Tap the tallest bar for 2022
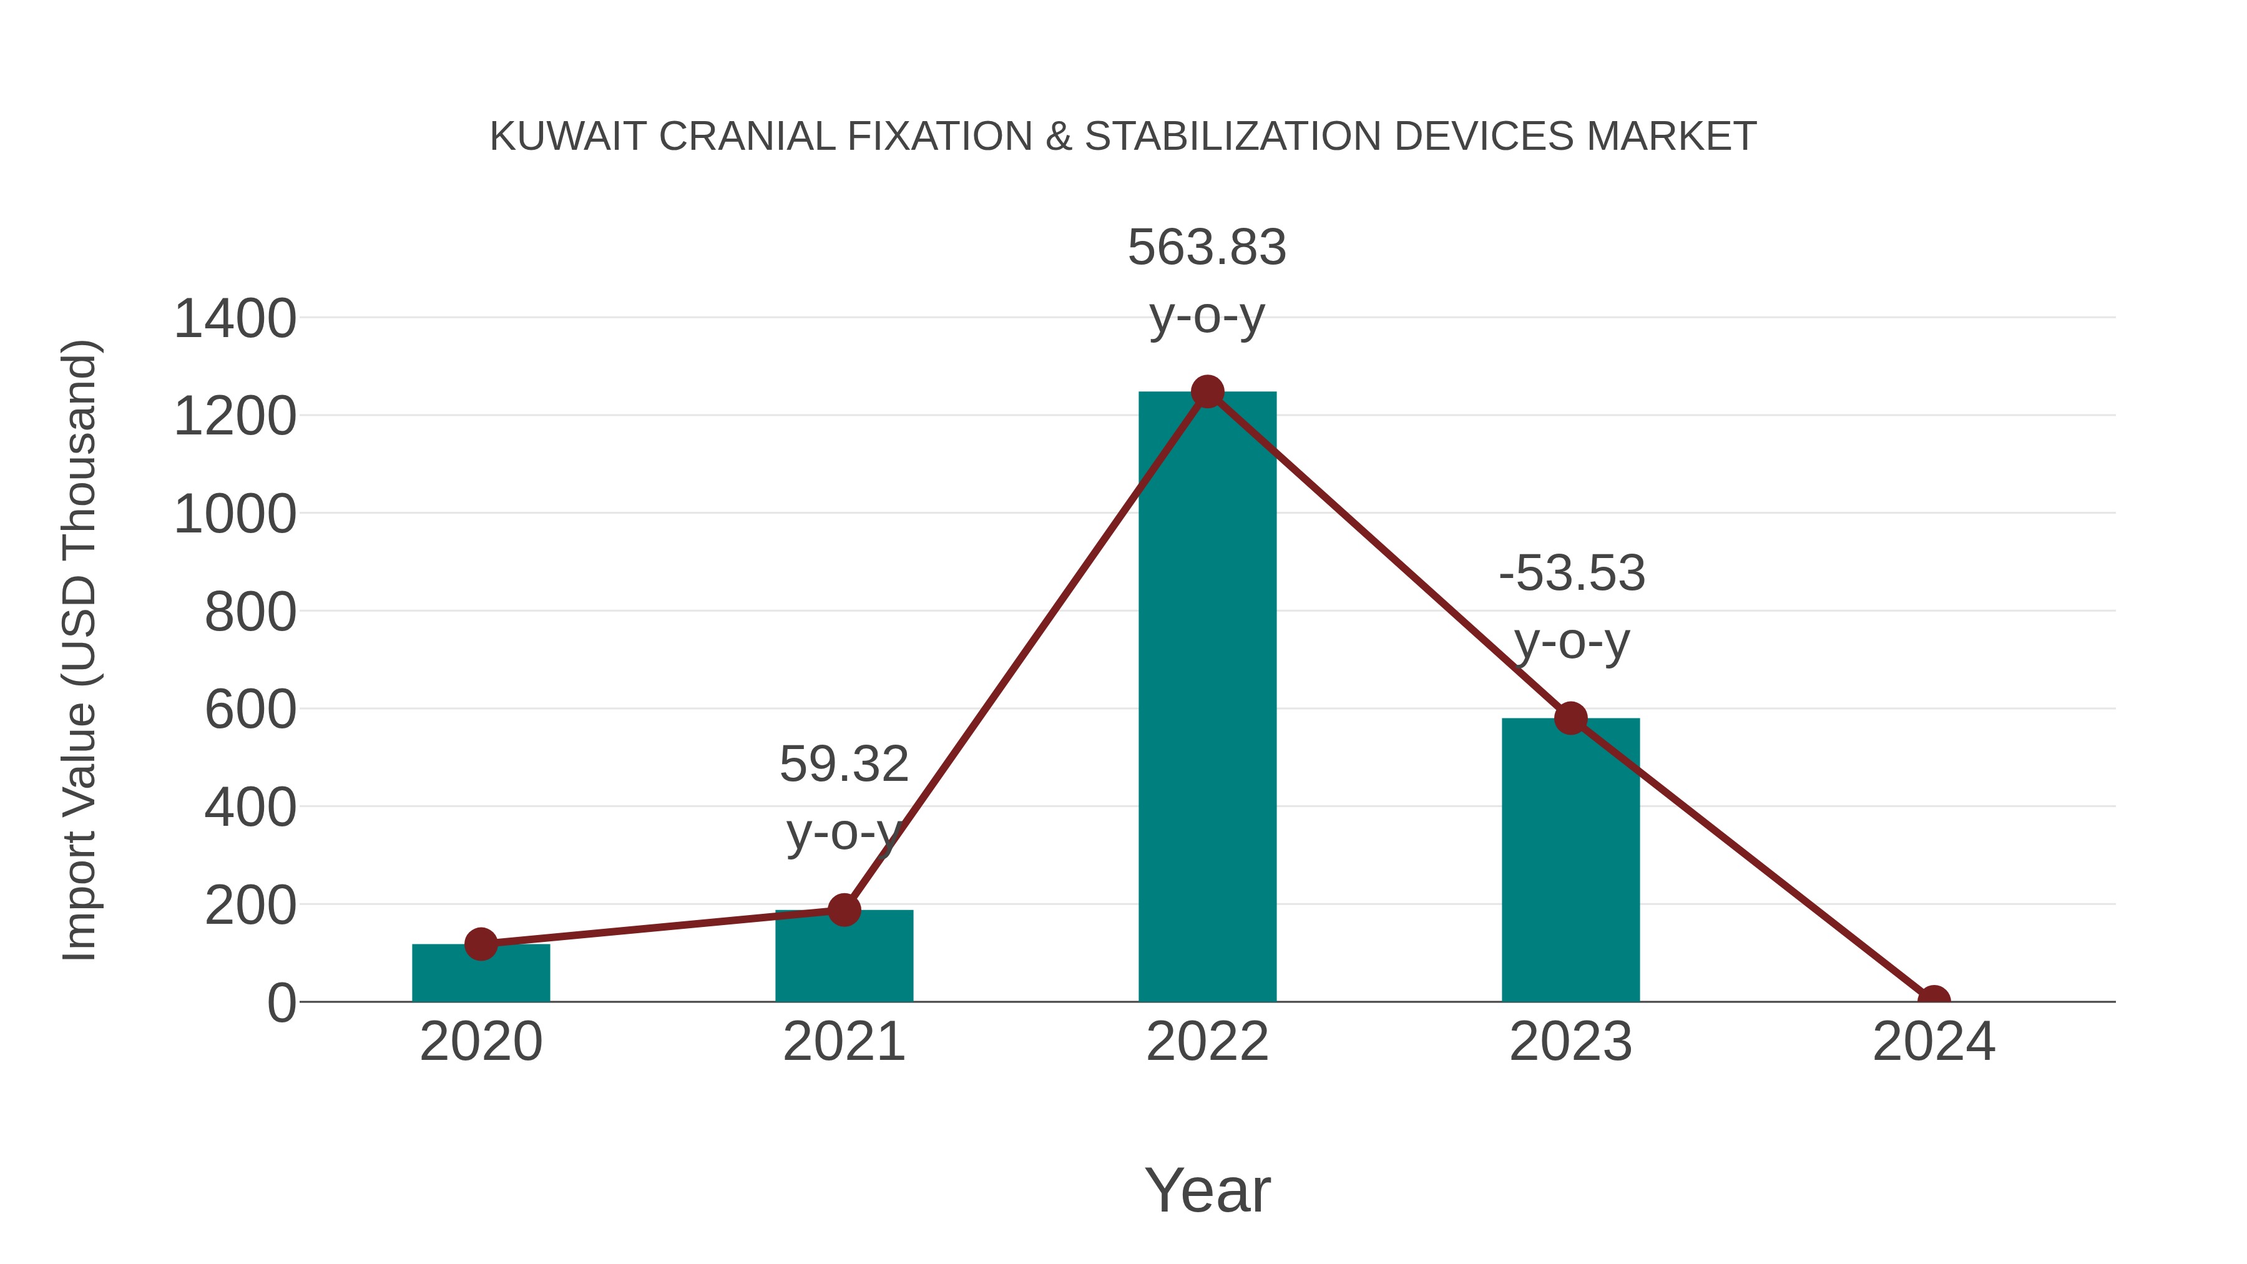[x=1207, y=698]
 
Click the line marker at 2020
[x=481, y=944]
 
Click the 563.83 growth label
[x=1207, y=248]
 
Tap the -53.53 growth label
[x=1571, y=574]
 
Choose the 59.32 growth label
[x=843, y=765]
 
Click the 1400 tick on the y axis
[x=235, y=319]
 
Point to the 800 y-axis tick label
[x=250, y=612]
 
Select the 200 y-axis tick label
[x=250, y=906]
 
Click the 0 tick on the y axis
[x=281, y=1003]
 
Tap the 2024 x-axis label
[x=1933, y=1042]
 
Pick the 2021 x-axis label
[x=843, y=1042]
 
